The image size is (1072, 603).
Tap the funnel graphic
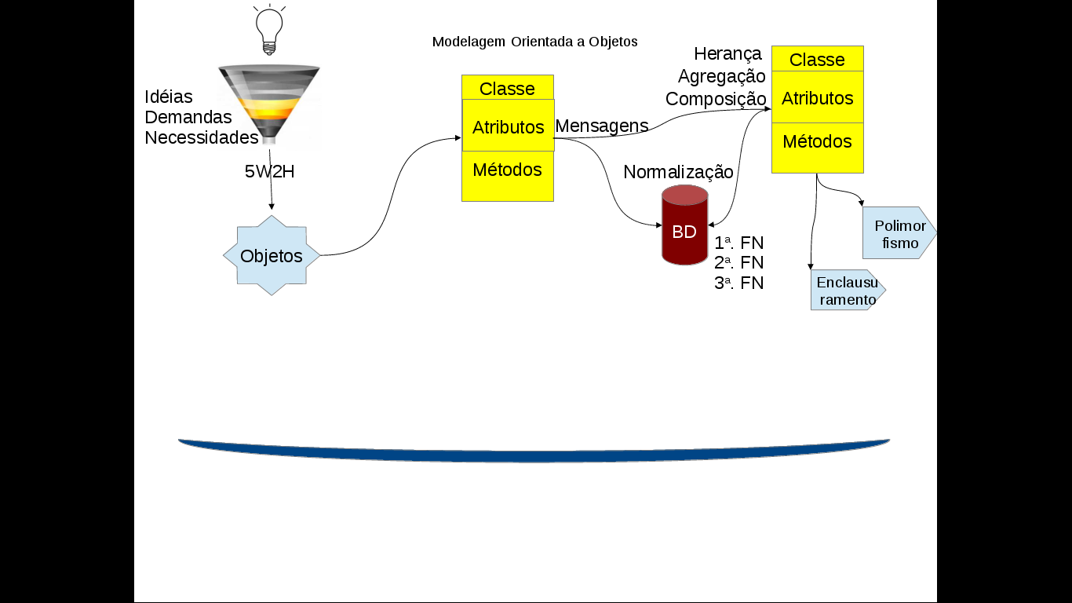268,102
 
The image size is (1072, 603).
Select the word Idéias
169,97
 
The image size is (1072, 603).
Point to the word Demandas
188,117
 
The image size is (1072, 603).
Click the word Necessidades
202,137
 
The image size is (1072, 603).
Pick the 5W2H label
269,172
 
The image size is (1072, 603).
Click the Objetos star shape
272,256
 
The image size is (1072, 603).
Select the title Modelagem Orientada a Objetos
534,42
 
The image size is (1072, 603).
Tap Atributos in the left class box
508,127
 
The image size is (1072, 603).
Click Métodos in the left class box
507,170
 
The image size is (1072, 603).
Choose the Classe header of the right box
817,60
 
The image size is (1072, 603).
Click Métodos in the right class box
817,142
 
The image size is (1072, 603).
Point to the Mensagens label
602,126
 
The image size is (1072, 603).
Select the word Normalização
678,172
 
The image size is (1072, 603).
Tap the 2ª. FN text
738,262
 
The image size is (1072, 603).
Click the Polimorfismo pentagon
899,234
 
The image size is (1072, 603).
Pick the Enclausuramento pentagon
846,291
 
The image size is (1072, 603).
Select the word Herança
727,54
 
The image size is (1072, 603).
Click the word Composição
716,99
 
